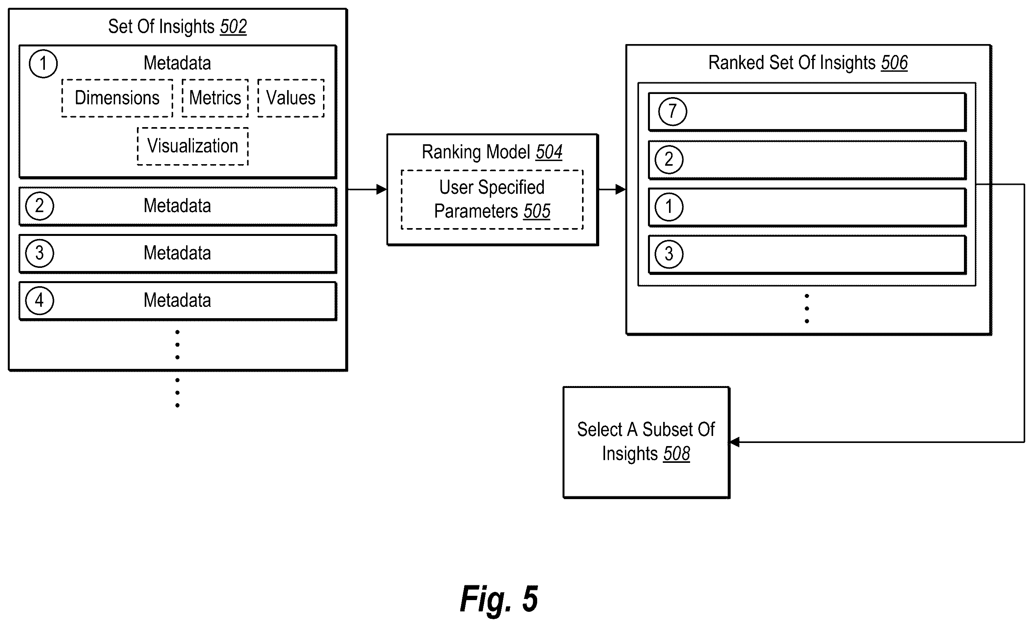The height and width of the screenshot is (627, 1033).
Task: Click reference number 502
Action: [x=233, y=27]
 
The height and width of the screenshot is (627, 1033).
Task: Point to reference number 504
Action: [x=549, y=152]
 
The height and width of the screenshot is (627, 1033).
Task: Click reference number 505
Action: [x=537, y=211]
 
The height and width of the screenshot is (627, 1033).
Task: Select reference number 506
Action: [x=894, y=63]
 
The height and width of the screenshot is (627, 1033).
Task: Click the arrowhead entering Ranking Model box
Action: [x=382, y=190]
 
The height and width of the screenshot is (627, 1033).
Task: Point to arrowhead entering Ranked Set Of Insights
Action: [x=621, y=190]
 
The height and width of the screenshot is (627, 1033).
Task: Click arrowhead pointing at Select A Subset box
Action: [x=735, y=442]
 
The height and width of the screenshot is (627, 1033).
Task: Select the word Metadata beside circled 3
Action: [x=177, y=253]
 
